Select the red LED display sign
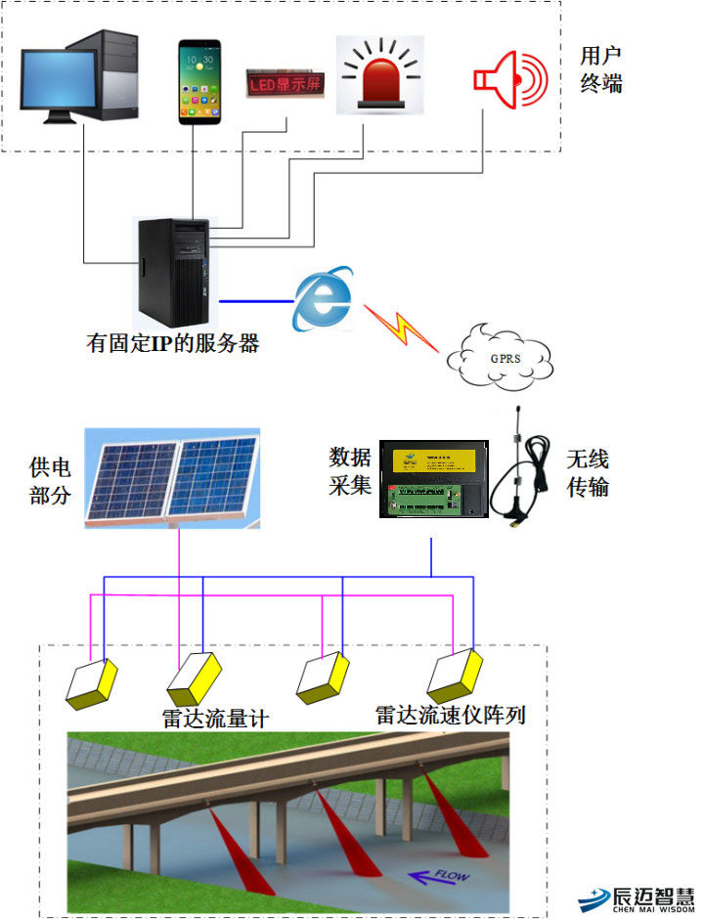point(284,85)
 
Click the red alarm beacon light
point(379,73)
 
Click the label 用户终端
point(601,69)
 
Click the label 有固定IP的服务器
point(173,344)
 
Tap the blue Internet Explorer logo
point(323,297)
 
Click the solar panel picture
point(171,478)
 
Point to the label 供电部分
point(51,480)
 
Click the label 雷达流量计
point(215,719)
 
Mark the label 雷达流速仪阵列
point(451,715)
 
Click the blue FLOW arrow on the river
point(435,877)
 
